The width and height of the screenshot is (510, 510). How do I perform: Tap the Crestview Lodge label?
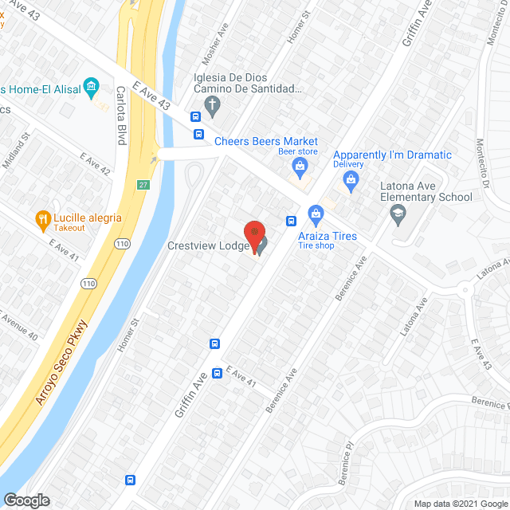210,246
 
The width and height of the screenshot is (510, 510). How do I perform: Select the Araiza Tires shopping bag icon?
316,214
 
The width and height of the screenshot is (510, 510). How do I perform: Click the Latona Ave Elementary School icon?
396,213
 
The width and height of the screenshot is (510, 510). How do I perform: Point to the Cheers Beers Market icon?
300,166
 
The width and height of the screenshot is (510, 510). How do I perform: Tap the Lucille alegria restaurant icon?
41,218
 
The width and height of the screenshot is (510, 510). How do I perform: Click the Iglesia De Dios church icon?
212,104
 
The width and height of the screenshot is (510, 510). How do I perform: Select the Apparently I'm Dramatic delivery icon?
351,180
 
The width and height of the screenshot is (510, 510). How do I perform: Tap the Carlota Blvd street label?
122,116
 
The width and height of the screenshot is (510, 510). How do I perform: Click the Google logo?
25,500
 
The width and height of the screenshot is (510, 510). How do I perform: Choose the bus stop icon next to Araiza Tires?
292,221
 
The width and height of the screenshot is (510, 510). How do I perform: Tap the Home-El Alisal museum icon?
92,86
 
